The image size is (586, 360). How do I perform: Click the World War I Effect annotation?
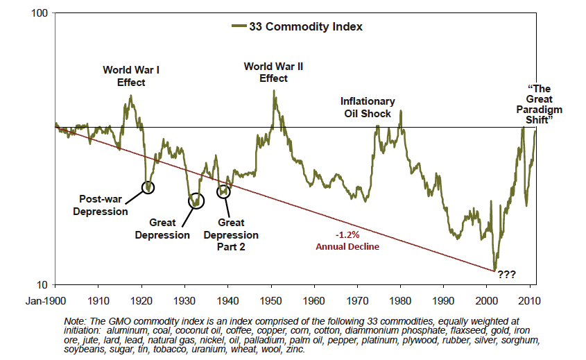(x=131, y=76)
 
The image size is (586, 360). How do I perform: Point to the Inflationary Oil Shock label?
(x=368, y=107)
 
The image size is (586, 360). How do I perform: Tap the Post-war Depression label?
(x=101, y=205)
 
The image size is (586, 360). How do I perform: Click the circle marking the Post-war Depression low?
(x=148, y=187)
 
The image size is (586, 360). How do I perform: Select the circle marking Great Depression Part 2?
(x=223, y=191)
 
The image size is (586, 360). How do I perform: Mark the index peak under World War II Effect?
(x=274, y=90)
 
